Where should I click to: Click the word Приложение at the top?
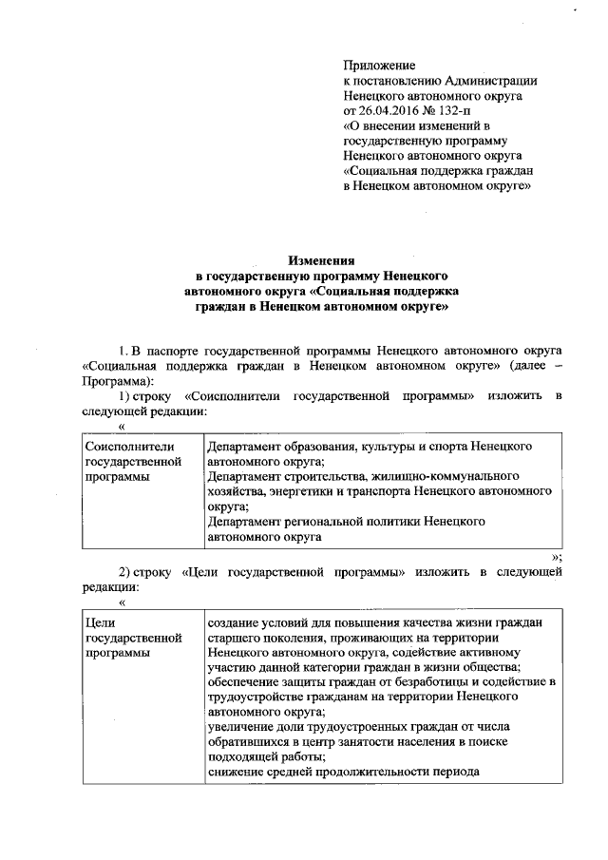(379, 66)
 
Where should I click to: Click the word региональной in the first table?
(330, 522)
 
